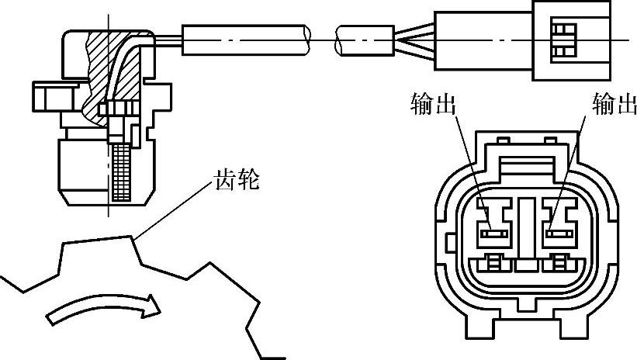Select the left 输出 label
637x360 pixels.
(432, 104)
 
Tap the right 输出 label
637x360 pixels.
(613, 104)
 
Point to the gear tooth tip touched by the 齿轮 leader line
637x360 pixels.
(133, 236)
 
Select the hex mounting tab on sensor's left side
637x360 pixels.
(46, 99)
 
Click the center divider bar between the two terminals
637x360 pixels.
(526, 229)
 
